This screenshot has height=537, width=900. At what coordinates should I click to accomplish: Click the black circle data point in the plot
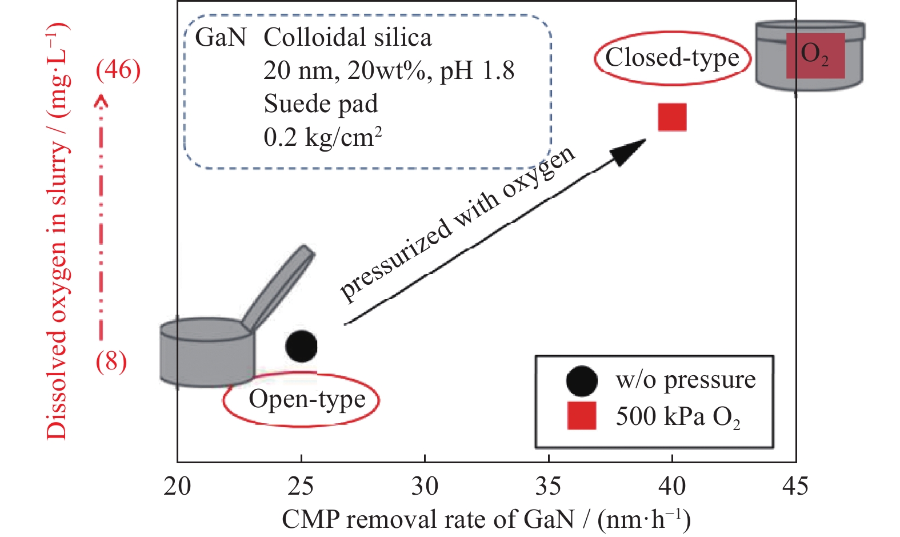301,346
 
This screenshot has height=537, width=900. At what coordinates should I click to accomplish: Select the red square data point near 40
672,117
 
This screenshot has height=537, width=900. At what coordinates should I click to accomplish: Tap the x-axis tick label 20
177,486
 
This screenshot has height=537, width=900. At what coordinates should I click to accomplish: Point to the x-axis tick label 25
301,486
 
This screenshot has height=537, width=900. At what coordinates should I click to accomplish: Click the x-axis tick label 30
425,486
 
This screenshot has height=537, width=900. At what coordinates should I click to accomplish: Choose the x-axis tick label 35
549,486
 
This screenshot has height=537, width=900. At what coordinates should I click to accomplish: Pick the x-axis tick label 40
672,486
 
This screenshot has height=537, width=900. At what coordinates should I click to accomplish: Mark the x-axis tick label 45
795,486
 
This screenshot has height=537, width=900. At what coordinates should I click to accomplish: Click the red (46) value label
118,70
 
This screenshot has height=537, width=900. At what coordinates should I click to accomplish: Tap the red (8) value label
111,361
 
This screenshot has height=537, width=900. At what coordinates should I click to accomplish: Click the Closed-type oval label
672,58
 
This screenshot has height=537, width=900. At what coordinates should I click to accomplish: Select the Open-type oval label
301,400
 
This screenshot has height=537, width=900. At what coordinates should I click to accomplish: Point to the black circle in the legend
581,380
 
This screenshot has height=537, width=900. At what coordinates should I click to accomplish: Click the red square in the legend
581,416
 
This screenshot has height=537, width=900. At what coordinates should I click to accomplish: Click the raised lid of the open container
279,288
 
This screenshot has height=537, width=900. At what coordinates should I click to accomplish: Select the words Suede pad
321,104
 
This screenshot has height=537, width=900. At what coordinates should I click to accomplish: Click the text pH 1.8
477,71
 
